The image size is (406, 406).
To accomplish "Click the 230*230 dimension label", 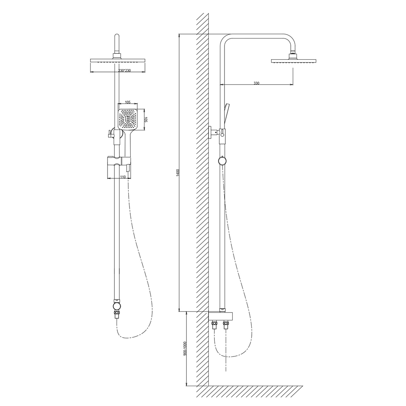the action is click(x=124, y=70).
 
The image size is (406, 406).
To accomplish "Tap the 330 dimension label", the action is click(x=256, y=83).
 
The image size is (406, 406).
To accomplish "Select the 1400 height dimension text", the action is click(x=178, y=173).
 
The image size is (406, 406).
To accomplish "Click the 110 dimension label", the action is click(x=123, y=177).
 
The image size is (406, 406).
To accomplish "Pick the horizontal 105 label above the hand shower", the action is click(x=127, y=102).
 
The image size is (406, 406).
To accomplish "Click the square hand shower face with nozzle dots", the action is click(x=127, y=119).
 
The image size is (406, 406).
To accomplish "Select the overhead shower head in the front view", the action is click(x=118, y=61).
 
